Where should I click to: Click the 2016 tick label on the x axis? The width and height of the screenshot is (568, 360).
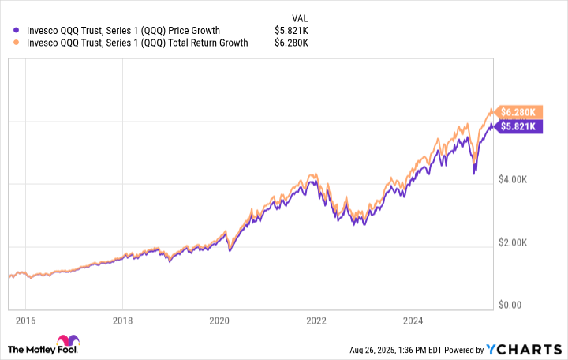tap(24, 321)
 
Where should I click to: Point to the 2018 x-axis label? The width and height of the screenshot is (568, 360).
tap(121, 321)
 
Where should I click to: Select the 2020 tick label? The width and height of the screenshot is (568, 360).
tap(219, 321)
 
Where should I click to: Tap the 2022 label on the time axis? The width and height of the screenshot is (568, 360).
tap(316, 321)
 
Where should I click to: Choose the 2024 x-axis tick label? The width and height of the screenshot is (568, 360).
tap(413, 321)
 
